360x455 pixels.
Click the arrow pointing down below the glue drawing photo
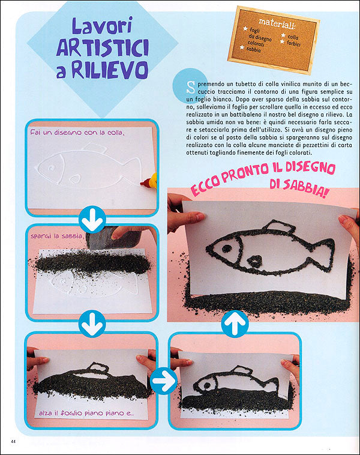pyautogui.click(x=92, y=220)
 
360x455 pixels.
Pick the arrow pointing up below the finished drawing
pyautogui.click(x=235, y=326)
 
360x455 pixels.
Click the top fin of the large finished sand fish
pyautogui.click(x=279, y=227)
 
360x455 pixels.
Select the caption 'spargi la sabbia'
pyautogui.click(x=51, y=236)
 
